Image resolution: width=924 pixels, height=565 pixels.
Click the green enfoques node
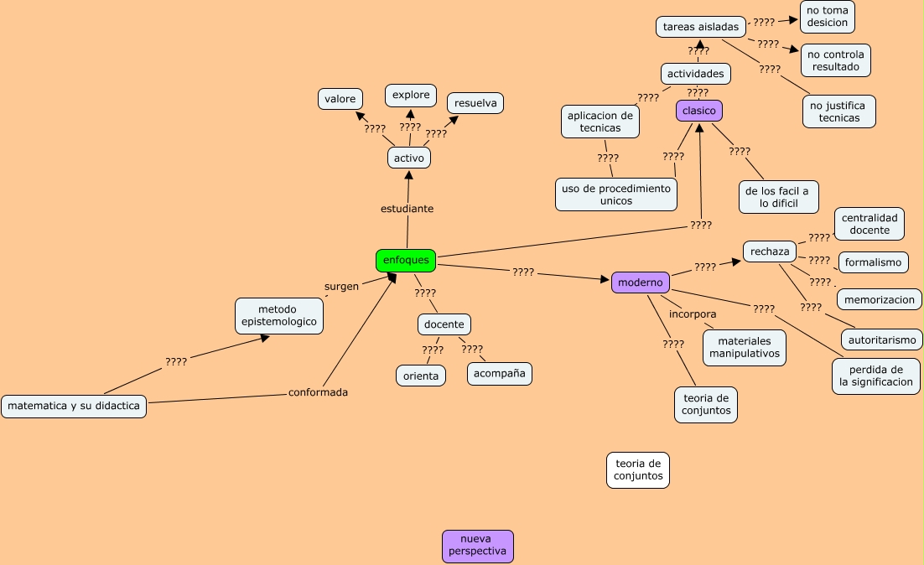pos(406,261)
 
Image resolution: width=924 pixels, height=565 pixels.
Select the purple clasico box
pos(699,111)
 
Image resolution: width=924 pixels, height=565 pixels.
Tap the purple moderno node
pos(641,282)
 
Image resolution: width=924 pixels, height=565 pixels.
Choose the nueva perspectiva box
pos(478,546)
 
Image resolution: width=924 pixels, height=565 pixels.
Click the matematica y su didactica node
pos(74,407)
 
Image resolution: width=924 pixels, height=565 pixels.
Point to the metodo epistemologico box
pos(278,316)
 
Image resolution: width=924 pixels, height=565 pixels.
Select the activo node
pos(409,158)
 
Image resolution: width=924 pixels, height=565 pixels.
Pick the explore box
pos(411,95)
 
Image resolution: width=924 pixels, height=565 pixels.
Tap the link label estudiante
pos(407,209)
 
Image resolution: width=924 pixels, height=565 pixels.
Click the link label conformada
pos(318,391)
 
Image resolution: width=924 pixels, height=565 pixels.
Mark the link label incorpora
pos(693,314)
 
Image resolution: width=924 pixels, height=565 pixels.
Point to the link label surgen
pos(341,286)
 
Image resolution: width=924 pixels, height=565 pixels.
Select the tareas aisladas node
pos(701,27)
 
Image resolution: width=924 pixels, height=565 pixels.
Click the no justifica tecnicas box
pos(839,111)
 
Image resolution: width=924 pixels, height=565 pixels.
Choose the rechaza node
pos(770,251)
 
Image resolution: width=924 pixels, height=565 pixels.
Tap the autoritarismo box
pos(881,340)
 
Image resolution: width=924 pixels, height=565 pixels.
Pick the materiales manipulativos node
pos(745,347)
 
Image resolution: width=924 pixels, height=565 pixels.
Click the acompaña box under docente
pos(500,374)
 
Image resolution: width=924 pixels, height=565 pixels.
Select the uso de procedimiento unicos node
pos(616,194)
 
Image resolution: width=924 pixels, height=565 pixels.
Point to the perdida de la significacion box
pos(876,376)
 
